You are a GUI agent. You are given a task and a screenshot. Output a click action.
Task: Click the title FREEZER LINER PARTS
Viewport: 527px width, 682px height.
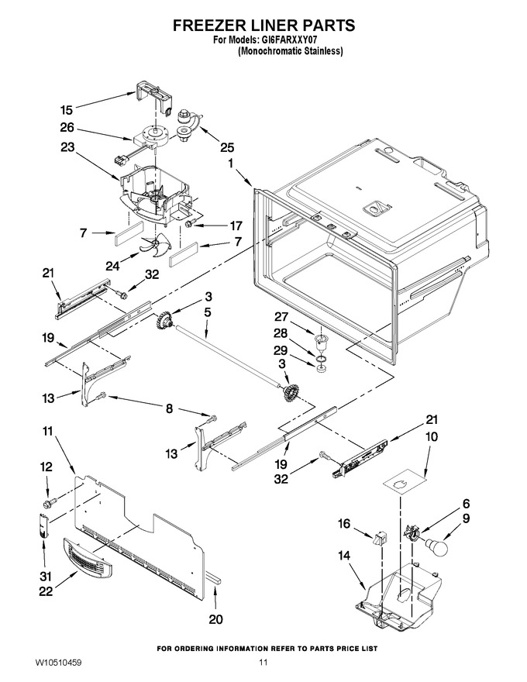(x=263, y=25)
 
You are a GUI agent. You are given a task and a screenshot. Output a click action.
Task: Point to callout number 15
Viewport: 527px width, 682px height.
(x=67, y=110)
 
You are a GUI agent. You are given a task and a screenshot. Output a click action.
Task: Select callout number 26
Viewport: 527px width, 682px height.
(x=67, y=128)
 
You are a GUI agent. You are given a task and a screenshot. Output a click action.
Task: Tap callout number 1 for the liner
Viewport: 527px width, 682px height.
(x=231, y=165)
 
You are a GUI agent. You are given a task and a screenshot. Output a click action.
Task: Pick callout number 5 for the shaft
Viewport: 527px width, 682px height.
(x=208, y=312)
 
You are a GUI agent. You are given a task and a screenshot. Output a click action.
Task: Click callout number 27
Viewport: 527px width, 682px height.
(x=281, y=316)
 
